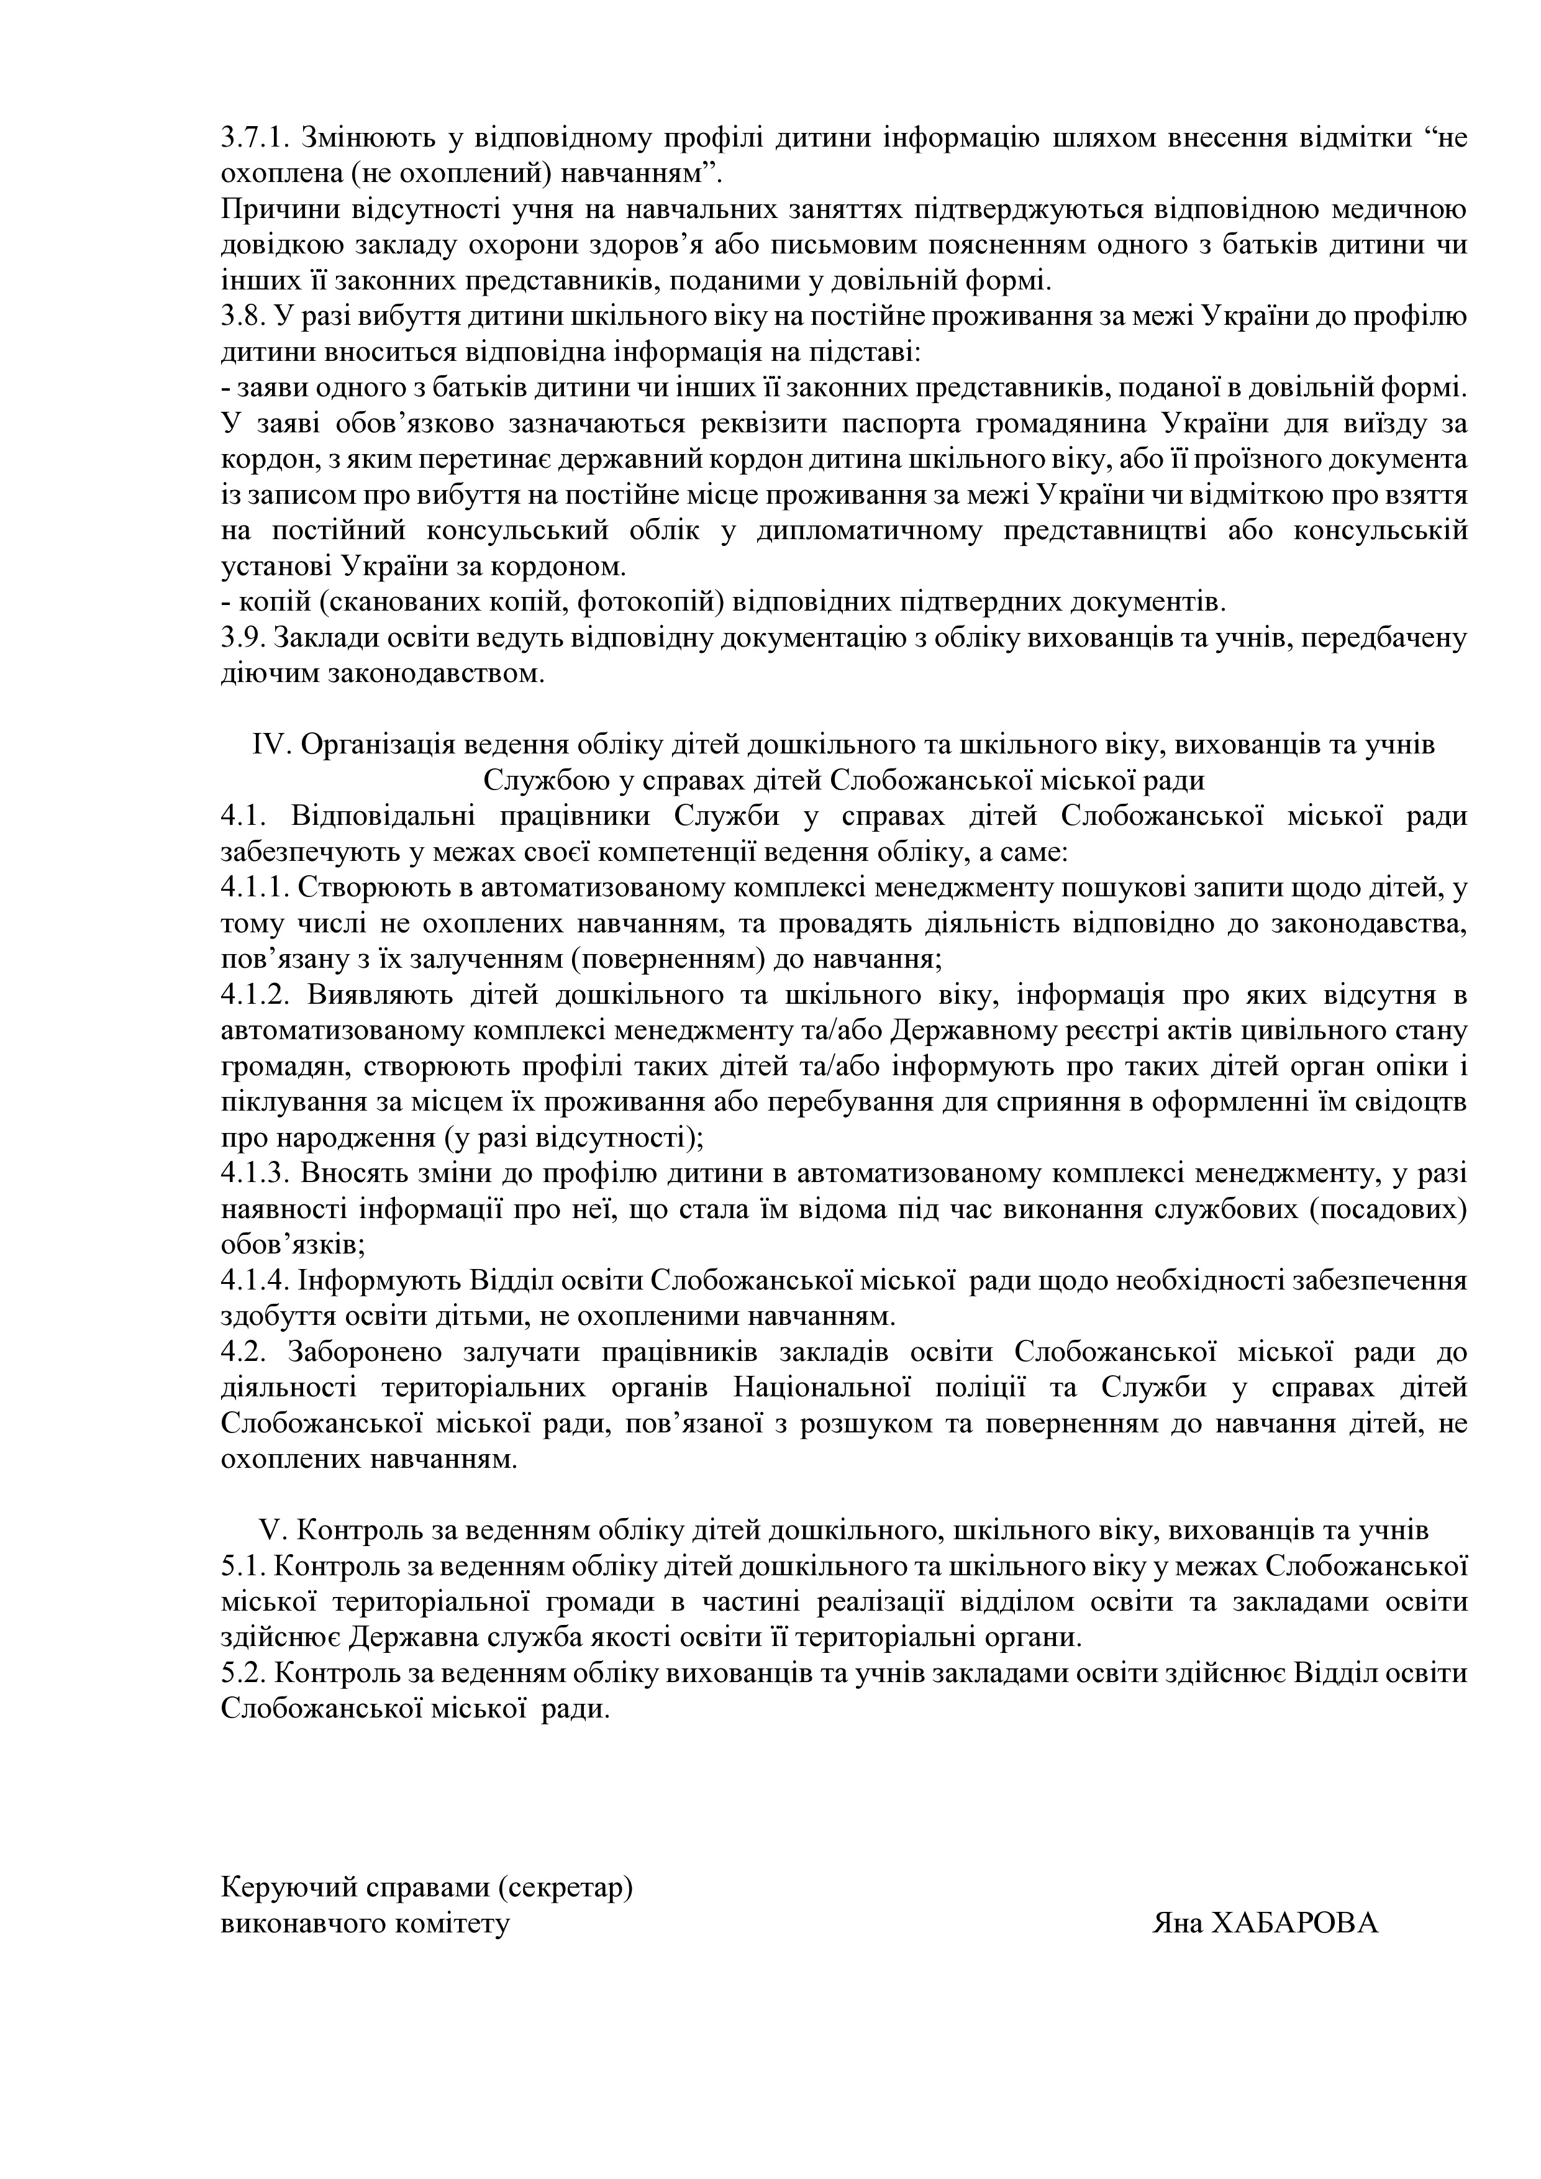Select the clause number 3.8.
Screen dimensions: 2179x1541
pyautogui.click(x=243, y=317)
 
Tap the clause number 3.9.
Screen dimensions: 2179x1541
pyautogui.click(x=243, y=639)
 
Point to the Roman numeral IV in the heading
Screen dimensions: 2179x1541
pyautogui.click(x=271, y=745)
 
